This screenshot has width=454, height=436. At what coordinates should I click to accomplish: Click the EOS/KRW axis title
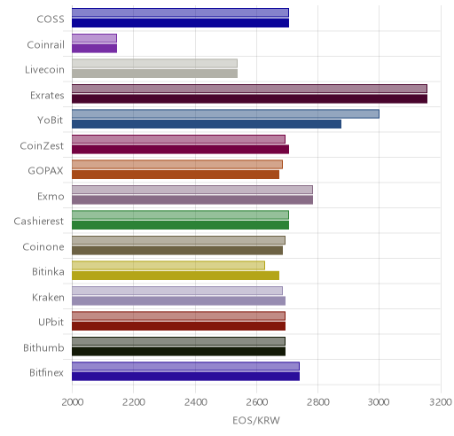pyautogui.click(x=256, y=420)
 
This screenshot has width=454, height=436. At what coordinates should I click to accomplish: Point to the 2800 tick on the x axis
pyautogui.click(x=318, y=402)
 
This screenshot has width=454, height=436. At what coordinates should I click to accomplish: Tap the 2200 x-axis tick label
pyautogui.click(x=134, y=402)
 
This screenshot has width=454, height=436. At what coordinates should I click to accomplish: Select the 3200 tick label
pyautogui.click(x=441, y=402)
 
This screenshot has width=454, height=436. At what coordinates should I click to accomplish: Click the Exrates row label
pyautogui.click(x=47, y=95)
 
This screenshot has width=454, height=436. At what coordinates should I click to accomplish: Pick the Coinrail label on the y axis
pyautogui.click(x=45, y=44)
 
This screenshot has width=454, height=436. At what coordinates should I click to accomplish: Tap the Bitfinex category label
pyautogui.click(x=46, y=373)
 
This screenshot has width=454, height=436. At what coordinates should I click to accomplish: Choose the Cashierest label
pyautogui.click(x=39, y=221)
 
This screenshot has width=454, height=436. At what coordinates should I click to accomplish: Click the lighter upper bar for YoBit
pyautogui.click(x=225, y=114)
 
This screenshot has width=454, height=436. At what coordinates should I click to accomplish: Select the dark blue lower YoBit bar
pyautogui.click(x=207, y=124)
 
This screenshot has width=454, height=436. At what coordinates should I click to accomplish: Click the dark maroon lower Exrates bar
pyautogui.click(x=249, y=99)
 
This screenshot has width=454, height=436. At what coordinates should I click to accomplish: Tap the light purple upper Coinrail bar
pyautogui.click(x=94, y=38)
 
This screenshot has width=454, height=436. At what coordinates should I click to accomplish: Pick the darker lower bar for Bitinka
pyautogui.click(x=176, y=276)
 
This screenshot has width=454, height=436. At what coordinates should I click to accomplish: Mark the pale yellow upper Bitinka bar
pyautogui.click(x=168, y=266)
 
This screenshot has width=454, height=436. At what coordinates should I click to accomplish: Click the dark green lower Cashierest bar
pyautogui.click(x=180, y=225)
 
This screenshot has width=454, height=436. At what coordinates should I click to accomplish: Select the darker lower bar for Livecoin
pyautogui.click(x=154, y=74)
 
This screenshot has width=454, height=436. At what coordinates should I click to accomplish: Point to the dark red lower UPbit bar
pyautogui.click(x=178, y=326)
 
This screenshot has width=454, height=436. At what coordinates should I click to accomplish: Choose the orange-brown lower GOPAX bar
pyautogui.click(x=176, y=175)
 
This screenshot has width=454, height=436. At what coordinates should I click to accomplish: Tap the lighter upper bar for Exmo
pyautogui.click(x=192, y=190)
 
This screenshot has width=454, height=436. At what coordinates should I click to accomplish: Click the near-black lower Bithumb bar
pyautogui.click(x=178, y=352)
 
